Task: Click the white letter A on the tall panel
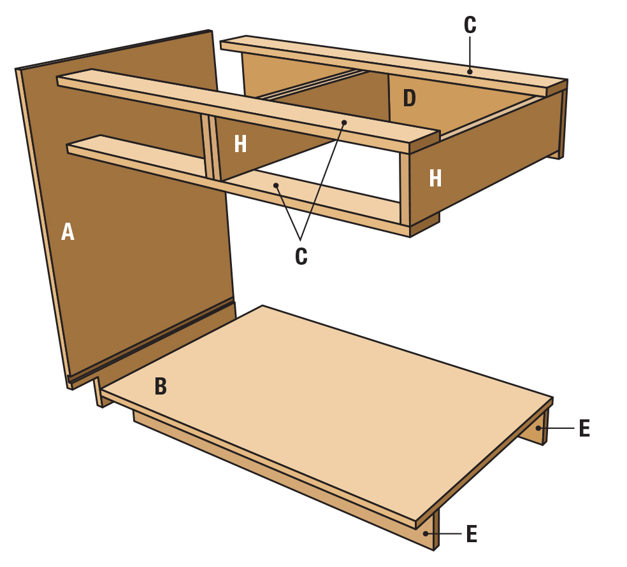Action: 68,232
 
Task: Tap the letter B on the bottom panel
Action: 161,386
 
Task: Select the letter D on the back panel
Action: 409,98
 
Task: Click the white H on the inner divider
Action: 240,144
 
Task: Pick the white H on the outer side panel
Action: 435,178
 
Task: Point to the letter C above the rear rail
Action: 470,25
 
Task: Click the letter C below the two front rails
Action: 301,256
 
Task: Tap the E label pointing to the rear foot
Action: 584,428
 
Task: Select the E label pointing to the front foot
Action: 472,534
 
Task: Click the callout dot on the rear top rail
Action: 470,72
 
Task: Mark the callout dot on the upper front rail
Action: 344,122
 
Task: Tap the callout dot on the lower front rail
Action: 275,185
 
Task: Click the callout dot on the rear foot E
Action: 538,428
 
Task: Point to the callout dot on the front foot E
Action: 426,533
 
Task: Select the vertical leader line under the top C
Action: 470,53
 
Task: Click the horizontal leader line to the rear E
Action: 558,428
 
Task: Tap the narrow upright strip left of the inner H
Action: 206,147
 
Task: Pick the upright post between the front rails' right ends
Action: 404,188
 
